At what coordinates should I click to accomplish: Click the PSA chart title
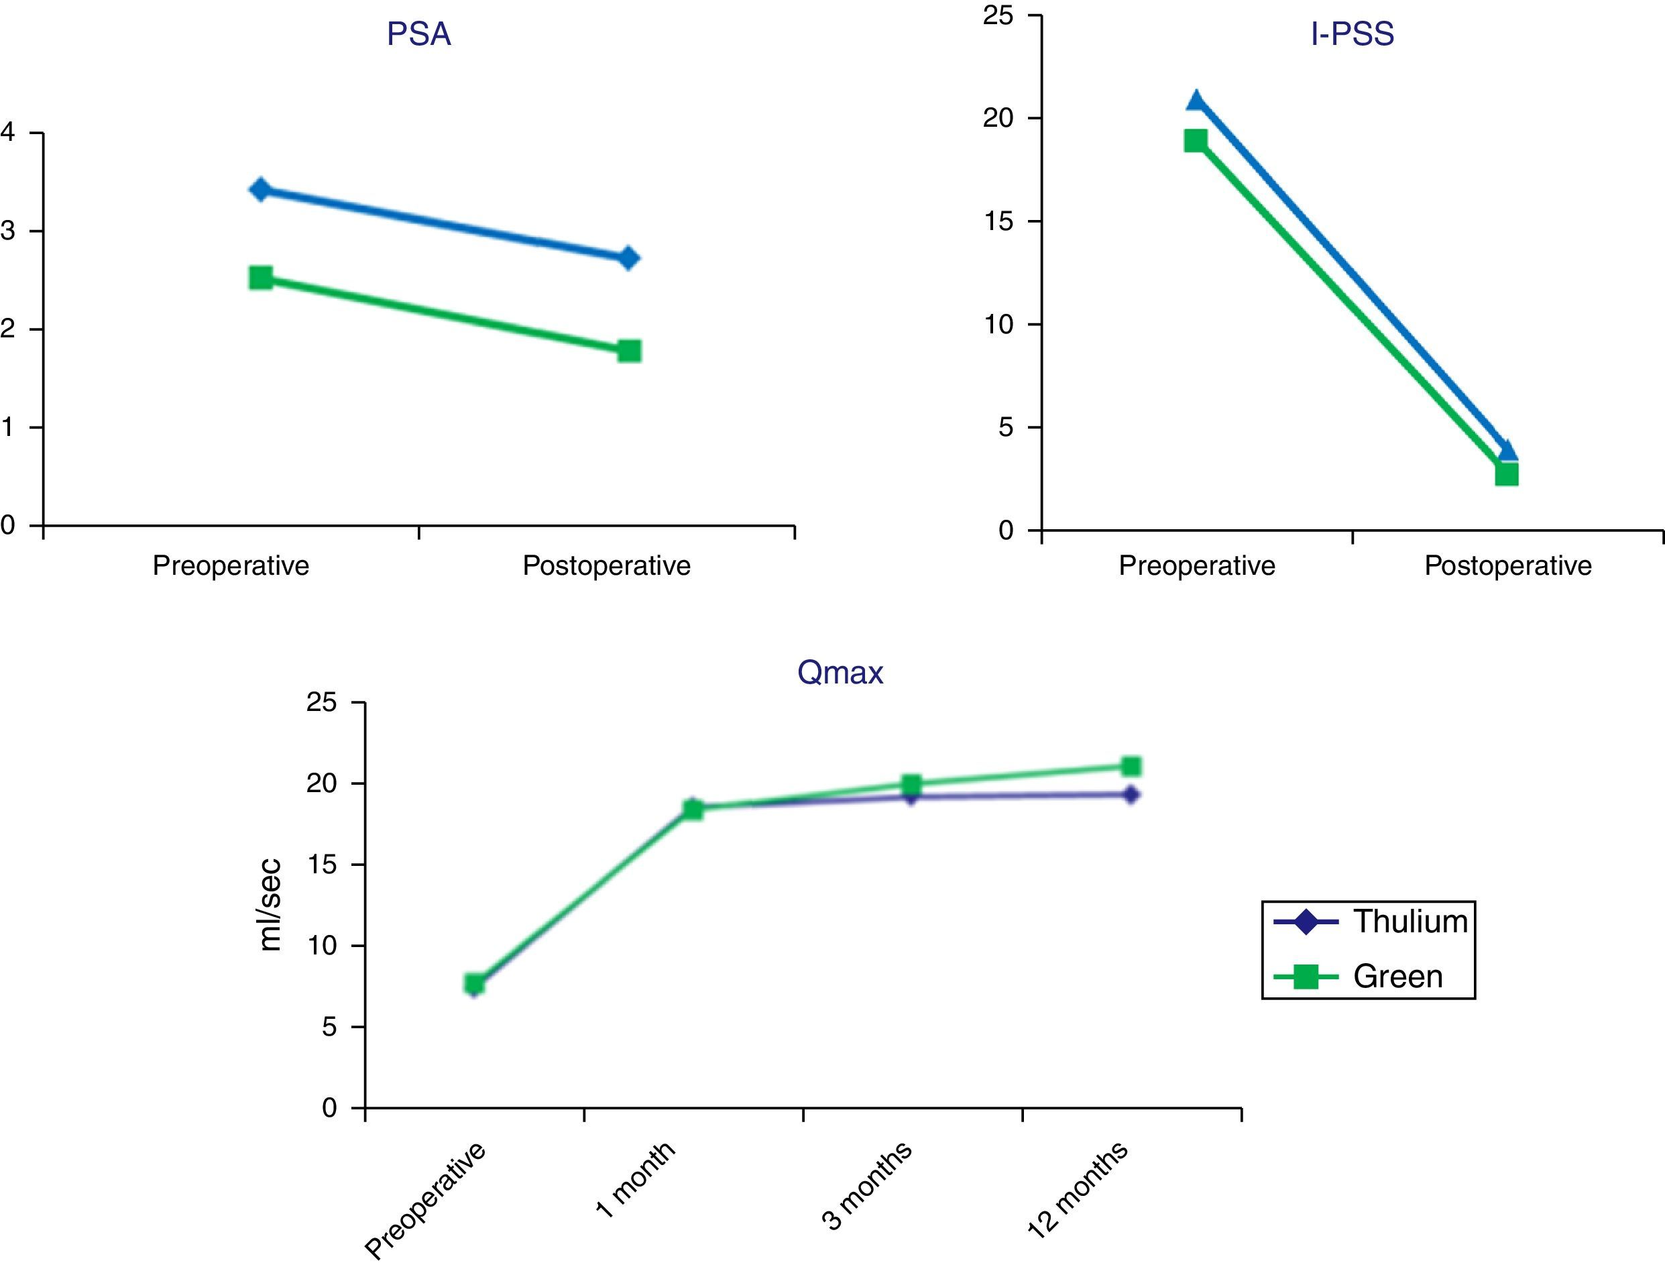tap(418, 35)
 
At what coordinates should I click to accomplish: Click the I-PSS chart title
tap(1352, 35)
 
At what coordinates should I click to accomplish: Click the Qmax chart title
tap(840, 672)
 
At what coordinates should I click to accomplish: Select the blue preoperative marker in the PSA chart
tap(260, 189)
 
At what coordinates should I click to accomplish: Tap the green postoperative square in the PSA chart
tap(629, 351)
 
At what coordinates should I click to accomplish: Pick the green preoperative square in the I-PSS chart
tap(1195, 140)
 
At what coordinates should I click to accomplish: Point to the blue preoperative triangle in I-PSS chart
tap(1196, 101)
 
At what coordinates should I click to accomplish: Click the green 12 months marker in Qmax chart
tap(1131, 767)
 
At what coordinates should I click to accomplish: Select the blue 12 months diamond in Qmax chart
tap(1131, 795)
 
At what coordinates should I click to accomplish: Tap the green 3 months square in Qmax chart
tap(911, 783)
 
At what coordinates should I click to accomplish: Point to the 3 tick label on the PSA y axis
tap(8, 231)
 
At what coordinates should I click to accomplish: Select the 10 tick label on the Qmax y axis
tap(322, 946)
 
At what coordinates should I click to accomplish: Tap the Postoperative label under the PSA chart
tap(606, 565)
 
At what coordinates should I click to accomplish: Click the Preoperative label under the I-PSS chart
tap(1197, 565)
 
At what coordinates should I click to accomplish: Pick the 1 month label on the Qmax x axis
tap(636, 1180)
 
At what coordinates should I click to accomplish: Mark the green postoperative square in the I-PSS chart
tap(1506, 474)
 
